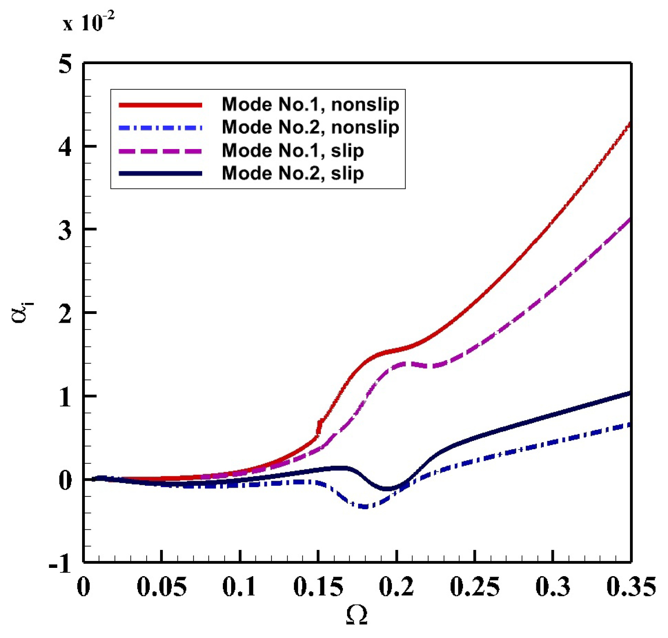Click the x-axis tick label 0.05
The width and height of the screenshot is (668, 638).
161,587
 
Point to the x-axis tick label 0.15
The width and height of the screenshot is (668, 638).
318,587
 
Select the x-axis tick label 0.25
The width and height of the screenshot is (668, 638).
475,587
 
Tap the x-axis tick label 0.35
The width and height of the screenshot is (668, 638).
631,587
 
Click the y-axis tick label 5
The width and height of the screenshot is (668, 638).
66,64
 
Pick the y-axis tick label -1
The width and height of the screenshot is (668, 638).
61,563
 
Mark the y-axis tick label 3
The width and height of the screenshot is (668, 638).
66,231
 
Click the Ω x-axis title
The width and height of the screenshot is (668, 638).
356,615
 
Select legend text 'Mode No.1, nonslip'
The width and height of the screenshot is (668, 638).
310,104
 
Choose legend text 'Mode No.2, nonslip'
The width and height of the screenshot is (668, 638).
310,127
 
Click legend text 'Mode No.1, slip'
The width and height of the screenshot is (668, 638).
293,150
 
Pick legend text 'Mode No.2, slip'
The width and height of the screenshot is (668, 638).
293,173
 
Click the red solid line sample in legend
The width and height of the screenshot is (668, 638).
160,105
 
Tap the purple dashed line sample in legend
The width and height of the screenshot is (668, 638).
160,151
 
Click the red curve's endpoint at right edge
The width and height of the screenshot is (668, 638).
630,123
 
